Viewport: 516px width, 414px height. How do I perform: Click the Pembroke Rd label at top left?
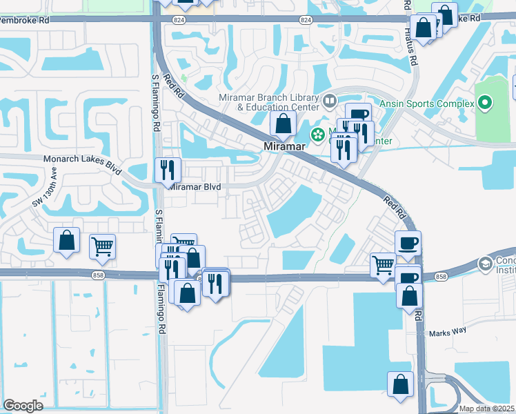(24, 21)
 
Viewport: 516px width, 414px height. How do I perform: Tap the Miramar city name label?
(284, 148)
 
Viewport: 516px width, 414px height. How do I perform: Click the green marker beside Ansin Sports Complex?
(484, 104)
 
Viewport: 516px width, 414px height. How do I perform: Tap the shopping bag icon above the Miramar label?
(283, 124)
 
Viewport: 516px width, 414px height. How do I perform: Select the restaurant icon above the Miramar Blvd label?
(168, 169)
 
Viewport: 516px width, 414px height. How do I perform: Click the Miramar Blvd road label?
(195, 187)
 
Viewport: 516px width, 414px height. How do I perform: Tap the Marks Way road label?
(447, 333)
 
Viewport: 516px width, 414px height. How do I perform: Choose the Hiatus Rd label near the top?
(412, 50)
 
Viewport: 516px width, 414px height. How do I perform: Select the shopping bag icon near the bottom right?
(401, 384)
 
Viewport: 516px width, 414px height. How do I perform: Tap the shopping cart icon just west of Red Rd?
(383, 265)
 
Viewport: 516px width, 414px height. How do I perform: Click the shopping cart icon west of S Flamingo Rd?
(102, 246)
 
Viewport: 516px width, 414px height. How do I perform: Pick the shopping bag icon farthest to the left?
(67, 240)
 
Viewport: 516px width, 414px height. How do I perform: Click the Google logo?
(23, 406)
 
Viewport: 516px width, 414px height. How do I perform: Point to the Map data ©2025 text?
(486, 408)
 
